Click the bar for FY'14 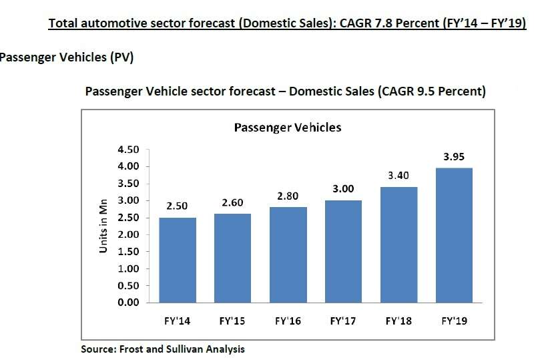pos(178,260)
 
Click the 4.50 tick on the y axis pos(128,149)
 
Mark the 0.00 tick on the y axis pos(128,303)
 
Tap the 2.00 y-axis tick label pos(128,234)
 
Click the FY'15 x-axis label pos(232,321)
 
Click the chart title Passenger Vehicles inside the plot pos(287,127)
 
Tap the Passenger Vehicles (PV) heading pos(67,58)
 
